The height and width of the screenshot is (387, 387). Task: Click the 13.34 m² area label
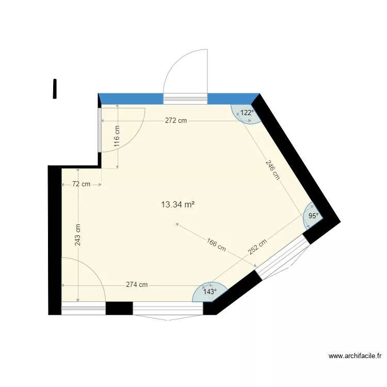[178, 204]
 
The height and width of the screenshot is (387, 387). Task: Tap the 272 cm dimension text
[176, 121]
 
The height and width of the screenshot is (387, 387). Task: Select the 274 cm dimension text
[137, 284]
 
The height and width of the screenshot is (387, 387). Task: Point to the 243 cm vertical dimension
[77, 235]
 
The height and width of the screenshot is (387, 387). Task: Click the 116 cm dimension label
[117, 137]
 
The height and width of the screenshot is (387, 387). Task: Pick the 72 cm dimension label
[81, 184]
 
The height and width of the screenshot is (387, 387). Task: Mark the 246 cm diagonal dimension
[272, 169]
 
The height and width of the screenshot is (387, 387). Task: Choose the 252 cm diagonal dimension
[257, 247]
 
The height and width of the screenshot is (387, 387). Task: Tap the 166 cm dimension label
[216, 244]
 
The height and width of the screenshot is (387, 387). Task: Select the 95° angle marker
[313, 216]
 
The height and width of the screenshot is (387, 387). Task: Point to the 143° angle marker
[209, 292]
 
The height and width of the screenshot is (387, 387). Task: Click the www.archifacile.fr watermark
[355, 356]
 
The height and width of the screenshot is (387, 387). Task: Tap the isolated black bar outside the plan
[54, 88]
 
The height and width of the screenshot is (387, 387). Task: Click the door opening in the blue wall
[185, 98]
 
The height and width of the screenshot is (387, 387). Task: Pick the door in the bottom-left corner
[83, 309]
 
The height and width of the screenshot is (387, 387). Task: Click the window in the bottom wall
[168, 309]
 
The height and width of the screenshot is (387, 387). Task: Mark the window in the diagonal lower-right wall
[283, 258]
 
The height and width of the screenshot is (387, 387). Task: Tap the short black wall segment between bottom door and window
[119, 309]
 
